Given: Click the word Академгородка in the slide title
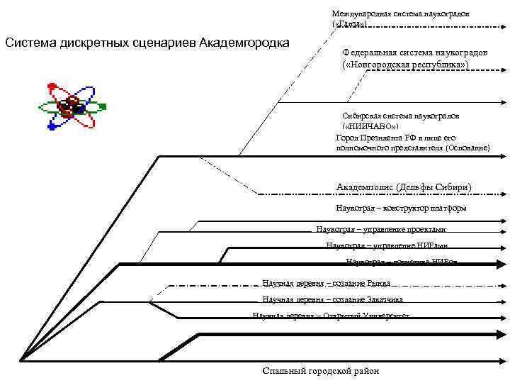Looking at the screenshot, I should (x=244, y=42).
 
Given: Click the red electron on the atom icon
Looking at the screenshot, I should (x=51, y=87).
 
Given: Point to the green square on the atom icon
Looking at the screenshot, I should (x=103, y=107).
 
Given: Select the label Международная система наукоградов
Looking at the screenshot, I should (x=400, y=13).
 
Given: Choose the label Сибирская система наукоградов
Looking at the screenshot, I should (x=400, y=115).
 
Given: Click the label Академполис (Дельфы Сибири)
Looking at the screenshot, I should (x=404, y=187).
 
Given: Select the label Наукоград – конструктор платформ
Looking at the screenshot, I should (x=401, y=208).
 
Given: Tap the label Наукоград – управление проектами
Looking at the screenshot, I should (x=381, y=229).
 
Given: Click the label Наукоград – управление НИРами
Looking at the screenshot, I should (x=387, y=245).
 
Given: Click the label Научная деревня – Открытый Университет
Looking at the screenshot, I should (x=331, y=316).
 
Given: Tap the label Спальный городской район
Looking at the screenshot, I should (x=320, y=371).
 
